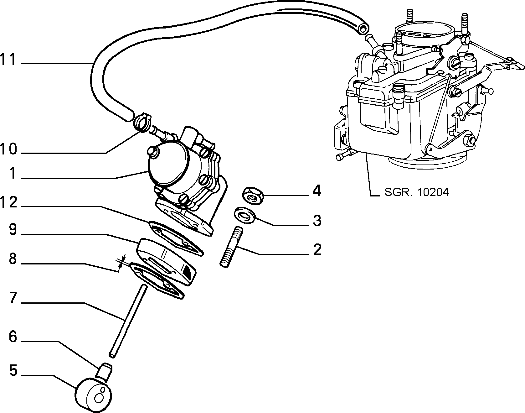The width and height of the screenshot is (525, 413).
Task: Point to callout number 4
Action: [x=317, y=191]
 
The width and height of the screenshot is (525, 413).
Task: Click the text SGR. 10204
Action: [x=417, y=192]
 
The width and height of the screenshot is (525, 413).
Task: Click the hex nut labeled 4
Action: [x=252, y=196]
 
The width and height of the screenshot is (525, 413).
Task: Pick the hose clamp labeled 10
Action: [x=143, y=123]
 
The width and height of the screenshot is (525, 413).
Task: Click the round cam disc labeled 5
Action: [x=93, y=396]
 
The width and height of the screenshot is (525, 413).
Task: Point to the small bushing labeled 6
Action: [x=104, y=373]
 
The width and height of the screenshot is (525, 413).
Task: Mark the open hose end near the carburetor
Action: [x=363, y=29]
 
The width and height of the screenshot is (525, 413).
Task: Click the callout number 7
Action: [x=13, y=298]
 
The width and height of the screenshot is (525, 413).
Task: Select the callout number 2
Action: [x=317, y=249]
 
